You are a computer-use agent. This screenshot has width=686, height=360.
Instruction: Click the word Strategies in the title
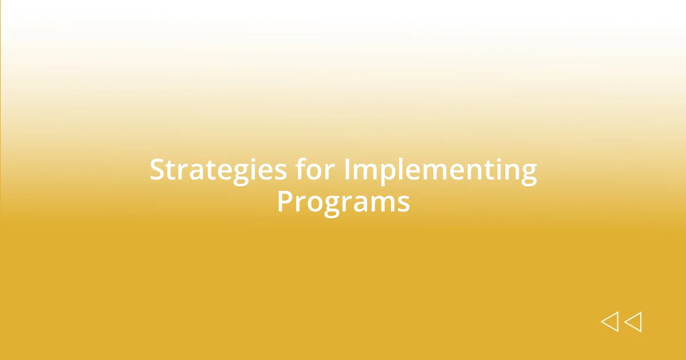coord(218,171)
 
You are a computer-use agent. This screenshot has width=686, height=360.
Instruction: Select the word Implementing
coord(440,171)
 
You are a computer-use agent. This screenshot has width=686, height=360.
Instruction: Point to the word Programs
coord(344,203)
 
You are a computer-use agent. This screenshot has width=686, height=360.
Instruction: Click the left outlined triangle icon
coord(610,322)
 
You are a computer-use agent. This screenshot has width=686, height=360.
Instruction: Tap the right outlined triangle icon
coord(633,322)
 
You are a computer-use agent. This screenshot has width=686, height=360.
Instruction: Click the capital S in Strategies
coord(158,169)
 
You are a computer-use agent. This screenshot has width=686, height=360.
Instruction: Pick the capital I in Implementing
coord(347,169)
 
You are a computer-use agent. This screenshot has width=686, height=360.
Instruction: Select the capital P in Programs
coord(285,201)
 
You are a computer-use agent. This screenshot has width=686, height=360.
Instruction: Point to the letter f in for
coord(301,169)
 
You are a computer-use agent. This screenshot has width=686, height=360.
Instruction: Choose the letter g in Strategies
coord(241,175)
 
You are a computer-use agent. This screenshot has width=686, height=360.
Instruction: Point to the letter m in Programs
coord(380,204)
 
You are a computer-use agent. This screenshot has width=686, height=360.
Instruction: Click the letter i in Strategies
coord(254,169)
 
